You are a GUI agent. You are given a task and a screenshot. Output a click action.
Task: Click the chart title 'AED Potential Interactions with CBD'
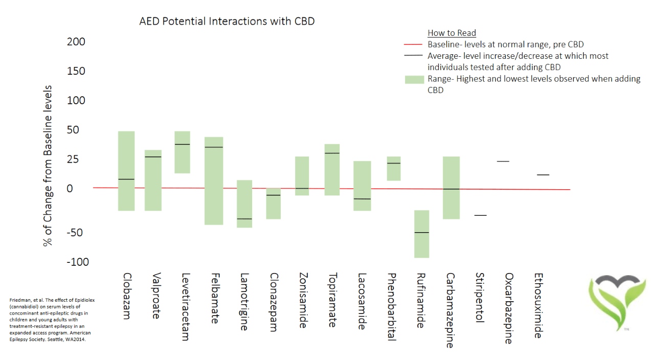(227, 21)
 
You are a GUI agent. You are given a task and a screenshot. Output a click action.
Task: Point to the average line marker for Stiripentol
(480, 215)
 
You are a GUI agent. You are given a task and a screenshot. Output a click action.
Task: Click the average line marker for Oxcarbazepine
(503, 161)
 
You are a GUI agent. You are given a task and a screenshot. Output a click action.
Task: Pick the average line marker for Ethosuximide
(543, 175)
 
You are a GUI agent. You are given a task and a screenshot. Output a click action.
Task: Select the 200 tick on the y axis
(76, 42)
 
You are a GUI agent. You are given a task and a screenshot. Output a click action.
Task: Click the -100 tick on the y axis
(78, 262)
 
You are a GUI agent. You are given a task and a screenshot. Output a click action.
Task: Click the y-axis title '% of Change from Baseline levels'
(48, 165)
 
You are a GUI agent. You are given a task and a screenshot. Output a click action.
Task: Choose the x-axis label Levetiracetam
(185, 306)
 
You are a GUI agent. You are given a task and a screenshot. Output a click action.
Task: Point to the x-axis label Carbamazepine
(450, 310)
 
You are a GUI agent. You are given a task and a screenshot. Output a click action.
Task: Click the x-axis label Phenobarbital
(391, 306)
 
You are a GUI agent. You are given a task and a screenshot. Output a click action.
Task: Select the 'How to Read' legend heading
(452, 33)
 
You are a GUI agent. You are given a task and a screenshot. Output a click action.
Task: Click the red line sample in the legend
(414, 44)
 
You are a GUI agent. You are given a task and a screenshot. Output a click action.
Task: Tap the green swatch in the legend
(414, 79)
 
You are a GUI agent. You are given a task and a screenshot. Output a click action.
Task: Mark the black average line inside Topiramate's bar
(332, 153)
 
